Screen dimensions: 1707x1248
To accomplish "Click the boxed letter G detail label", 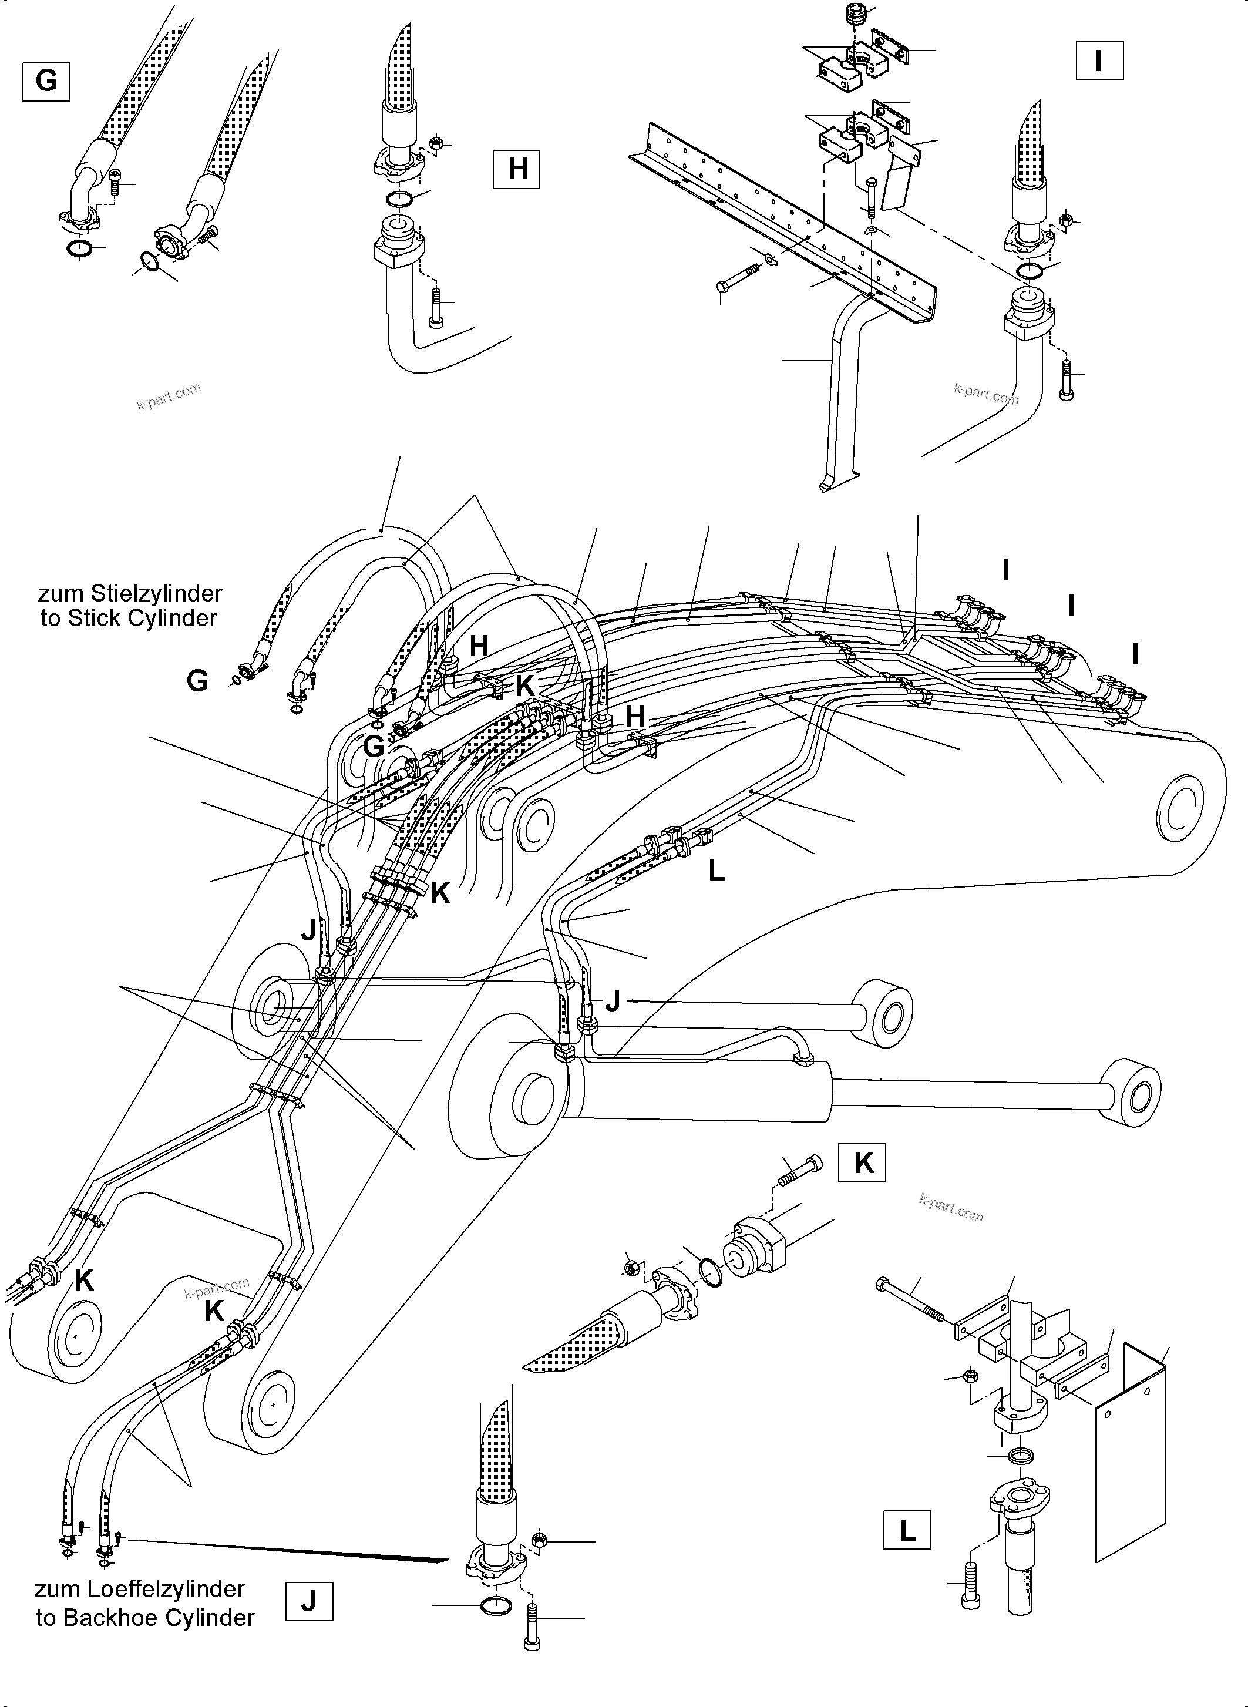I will pos(46,81).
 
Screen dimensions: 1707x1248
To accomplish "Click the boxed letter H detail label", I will pos(517,169).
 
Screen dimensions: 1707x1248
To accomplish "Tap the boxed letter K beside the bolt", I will pos(863,1164).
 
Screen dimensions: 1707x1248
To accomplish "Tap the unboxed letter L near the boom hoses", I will pos(716,871).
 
